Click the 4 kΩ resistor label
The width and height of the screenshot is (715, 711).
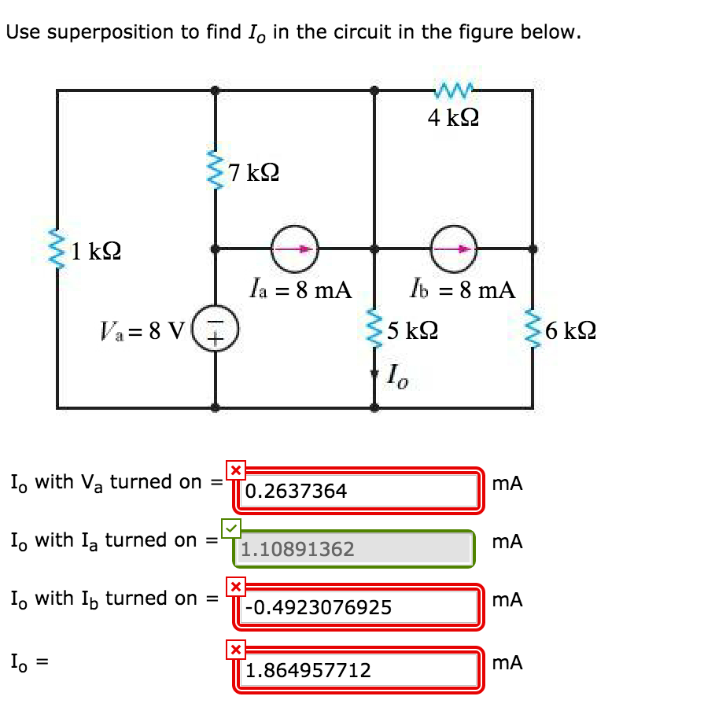454,118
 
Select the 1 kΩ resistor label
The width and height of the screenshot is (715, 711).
96,252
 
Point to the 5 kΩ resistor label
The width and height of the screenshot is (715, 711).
412,330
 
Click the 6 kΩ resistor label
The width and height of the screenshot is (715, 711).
569,330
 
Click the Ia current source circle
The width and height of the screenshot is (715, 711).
295,248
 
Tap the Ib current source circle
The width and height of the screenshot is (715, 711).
454,248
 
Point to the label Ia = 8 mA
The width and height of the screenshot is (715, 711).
299,289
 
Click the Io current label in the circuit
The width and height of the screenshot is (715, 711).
396,377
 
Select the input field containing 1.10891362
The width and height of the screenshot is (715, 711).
354,549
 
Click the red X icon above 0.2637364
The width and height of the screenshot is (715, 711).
235,470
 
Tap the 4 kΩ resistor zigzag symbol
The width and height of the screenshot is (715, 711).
453,92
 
